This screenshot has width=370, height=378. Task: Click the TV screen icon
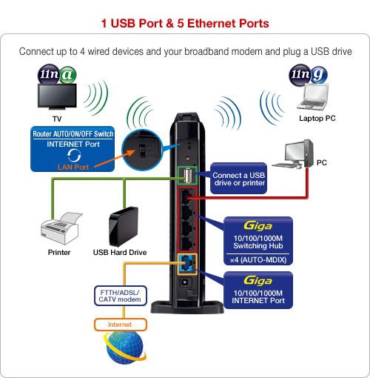57,96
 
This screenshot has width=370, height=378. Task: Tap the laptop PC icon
312,97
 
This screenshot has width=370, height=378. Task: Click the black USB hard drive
124,227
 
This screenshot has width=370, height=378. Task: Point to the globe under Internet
125,347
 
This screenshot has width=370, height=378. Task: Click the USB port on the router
187,176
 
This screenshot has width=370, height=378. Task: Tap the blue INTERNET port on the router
187,264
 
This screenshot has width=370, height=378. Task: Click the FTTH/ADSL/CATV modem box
120,296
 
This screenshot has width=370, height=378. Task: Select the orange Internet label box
120,325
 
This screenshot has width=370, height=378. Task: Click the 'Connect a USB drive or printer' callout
238,179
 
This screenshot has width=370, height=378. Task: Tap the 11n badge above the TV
49,74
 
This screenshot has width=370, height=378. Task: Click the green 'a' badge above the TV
67,75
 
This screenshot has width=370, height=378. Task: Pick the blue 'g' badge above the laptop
319,74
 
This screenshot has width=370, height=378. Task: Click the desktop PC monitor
295,153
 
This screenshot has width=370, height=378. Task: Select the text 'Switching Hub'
258,246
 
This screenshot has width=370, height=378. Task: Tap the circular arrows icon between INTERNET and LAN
74,156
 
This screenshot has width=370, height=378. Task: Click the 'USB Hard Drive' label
120,252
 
